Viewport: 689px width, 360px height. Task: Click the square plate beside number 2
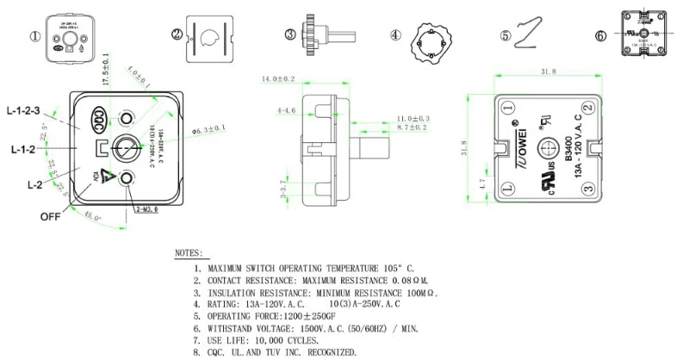point(206,35)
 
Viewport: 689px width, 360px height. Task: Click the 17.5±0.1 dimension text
point(105,68)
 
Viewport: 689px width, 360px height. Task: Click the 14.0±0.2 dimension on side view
point(278,79)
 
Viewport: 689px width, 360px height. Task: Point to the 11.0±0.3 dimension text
point(413,117)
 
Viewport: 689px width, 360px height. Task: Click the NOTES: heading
point(189,255)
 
